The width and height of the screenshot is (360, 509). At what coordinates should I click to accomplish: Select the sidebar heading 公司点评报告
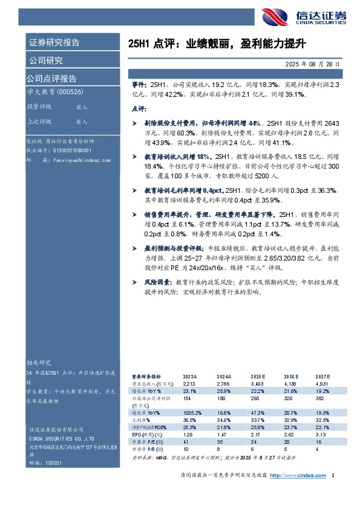point(51,79)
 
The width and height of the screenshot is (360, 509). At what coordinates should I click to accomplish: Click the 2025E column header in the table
point(258,376)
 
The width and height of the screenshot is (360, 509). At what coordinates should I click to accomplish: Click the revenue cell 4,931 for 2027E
point(322,383)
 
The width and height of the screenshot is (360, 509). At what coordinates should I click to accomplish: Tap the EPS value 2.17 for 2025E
point(257,434)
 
